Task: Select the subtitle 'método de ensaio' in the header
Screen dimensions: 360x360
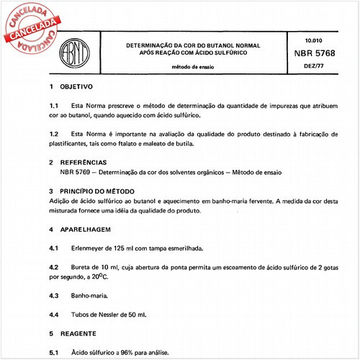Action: point(194,66)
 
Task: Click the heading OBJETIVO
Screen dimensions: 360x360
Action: point(76,86)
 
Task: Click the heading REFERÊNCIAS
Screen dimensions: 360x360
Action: point(84,163)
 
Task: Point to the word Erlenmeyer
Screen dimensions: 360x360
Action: point(91,248)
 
